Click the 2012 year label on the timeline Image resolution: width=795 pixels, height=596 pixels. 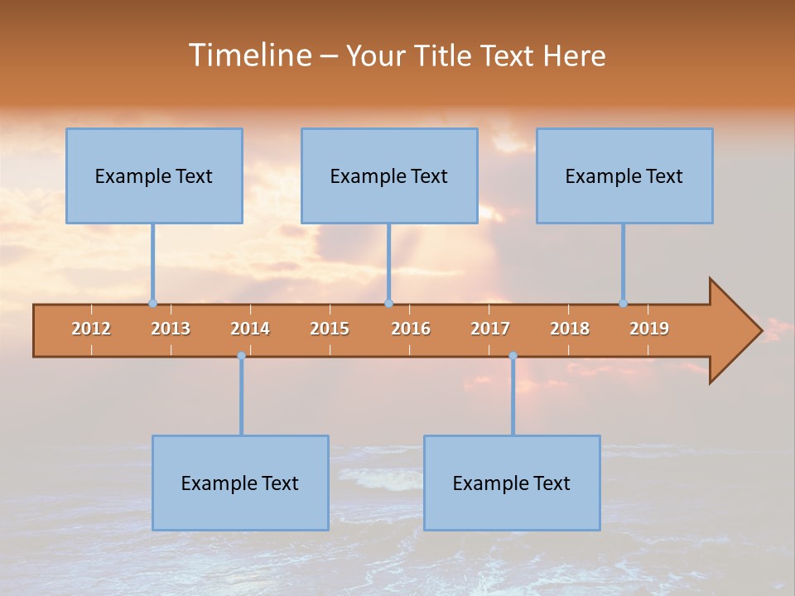coord(91,329)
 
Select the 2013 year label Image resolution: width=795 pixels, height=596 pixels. coord(171,329)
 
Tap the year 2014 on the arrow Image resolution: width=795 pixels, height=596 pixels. coord(250,329)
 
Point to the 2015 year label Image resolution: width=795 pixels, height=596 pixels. coord(330,329)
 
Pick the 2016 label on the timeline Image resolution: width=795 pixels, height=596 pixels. coord(411,329)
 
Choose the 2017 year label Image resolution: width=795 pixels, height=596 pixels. coord(490,329)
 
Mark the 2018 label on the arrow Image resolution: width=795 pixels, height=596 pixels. coord(570,329)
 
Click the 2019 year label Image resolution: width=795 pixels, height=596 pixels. coord(649,329)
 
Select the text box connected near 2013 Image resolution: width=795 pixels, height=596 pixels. coord(154,175)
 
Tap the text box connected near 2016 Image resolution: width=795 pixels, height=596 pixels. coord(389,175)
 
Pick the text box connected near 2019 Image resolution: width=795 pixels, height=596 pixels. coord(624,175)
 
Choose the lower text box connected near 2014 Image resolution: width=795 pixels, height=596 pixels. coord(240,483)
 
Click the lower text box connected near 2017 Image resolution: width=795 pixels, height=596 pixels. coord(512,483)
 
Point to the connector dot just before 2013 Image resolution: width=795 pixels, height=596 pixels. coord(152,303)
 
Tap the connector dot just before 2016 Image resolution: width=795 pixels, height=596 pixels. coord(388,303)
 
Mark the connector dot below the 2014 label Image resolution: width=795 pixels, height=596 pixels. coord(241,356)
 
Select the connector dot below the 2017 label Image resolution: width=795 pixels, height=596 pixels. coord(513,356)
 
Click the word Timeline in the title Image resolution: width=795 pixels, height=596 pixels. coord(249,55)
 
